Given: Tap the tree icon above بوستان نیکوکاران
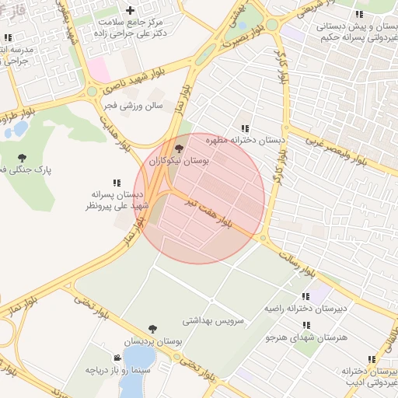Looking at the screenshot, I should pos(179,148).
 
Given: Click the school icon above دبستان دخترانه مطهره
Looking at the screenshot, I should pos(246,128).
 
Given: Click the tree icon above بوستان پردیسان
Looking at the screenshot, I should pos(152,330).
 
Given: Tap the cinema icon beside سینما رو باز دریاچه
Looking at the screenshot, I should pos(117,358).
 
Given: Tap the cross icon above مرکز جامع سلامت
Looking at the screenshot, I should pos(130,11).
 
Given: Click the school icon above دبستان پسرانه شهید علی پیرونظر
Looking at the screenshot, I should pos(117,183).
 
